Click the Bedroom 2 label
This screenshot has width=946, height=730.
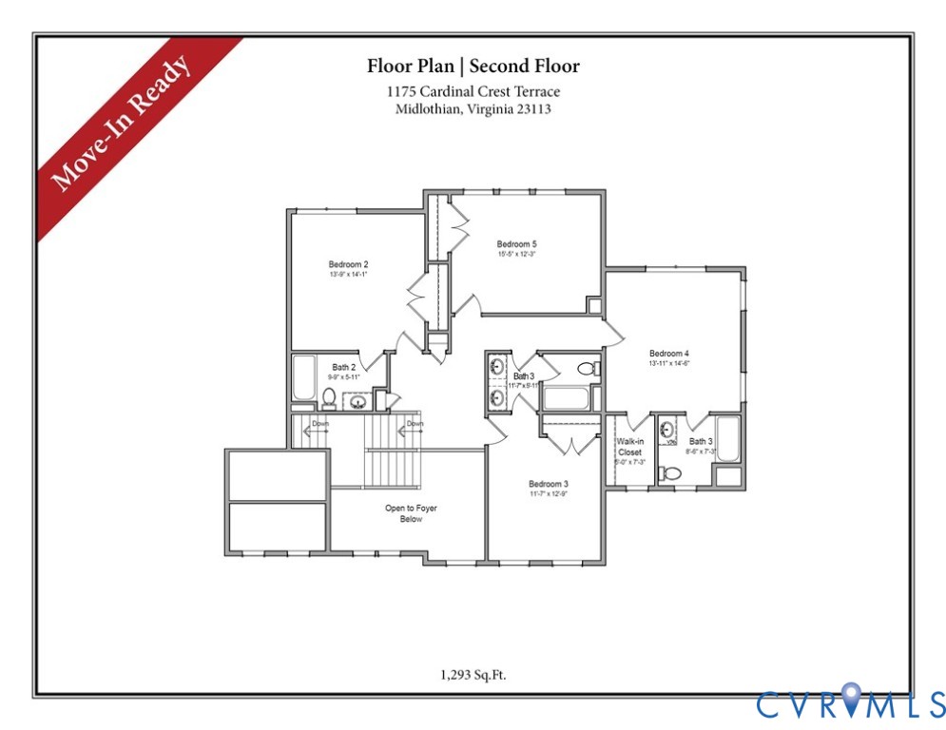tap(348, 264)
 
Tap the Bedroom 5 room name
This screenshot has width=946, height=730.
tap(516, 244)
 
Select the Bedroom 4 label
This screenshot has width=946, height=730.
tap(668, 354)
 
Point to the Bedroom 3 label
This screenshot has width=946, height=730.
tap(548, 484)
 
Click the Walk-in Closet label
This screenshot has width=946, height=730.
tap(629, 447)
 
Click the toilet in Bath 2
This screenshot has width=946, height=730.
tap(329, 396)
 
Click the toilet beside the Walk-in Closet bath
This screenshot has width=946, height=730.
tap(673, 473)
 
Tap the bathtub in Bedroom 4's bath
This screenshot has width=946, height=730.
tap(728, 440)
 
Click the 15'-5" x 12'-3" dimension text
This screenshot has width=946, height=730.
tap(516, 255)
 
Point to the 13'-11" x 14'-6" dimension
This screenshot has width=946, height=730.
tap(668, 363)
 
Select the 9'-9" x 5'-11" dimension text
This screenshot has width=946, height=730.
tap(345, 377)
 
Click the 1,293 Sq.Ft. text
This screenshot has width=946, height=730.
tap(473, 675)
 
